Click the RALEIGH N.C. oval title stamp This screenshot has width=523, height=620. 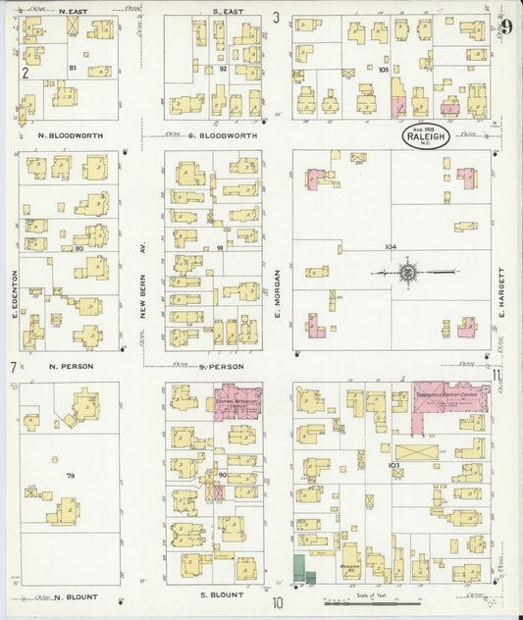pos(425,136)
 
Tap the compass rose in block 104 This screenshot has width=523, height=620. pos(407,272)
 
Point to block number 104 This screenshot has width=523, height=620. pos(392,247)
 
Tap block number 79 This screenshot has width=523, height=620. pos(70,476)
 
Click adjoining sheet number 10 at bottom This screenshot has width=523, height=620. pos(279,604)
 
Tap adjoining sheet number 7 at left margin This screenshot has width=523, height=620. pos(13,368)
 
